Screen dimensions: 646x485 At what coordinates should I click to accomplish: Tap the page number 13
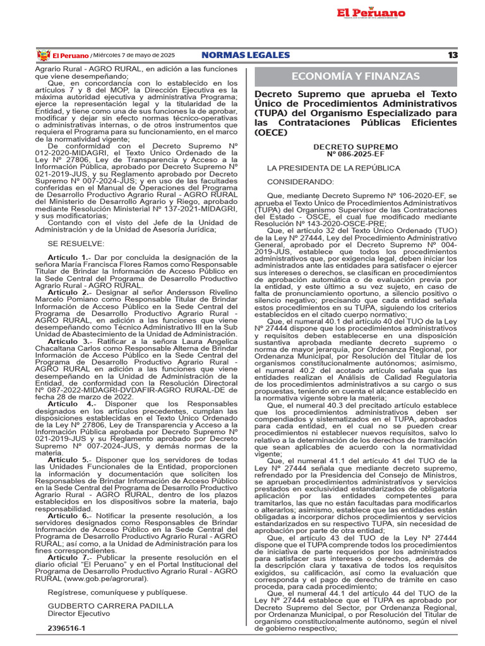(x=452, y=56)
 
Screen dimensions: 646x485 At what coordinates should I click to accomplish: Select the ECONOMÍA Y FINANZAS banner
(x=355, y=76)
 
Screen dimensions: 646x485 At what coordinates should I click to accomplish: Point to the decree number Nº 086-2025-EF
(x=355, y=153)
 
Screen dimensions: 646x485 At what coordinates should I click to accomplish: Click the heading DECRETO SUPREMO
(x=355, y=146)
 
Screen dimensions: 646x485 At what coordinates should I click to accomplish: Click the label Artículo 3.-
(x=69, y=341)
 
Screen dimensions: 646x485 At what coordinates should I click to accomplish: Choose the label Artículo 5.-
(x=69, y=460)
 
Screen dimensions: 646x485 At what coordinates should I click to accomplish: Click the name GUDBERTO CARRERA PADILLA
(x=102, y=605)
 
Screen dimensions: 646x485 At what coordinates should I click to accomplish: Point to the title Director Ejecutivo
(x=78, y=612)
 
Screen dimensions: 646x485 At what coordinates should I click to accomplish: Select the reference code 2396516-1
(x=66, y=629)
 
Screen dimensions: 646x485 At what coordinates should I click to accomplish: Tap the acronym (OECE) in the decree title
(x=271, y=132)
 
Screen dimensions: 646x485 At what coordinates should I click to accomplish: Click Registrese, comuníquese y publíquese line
(x=117, y=592)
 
